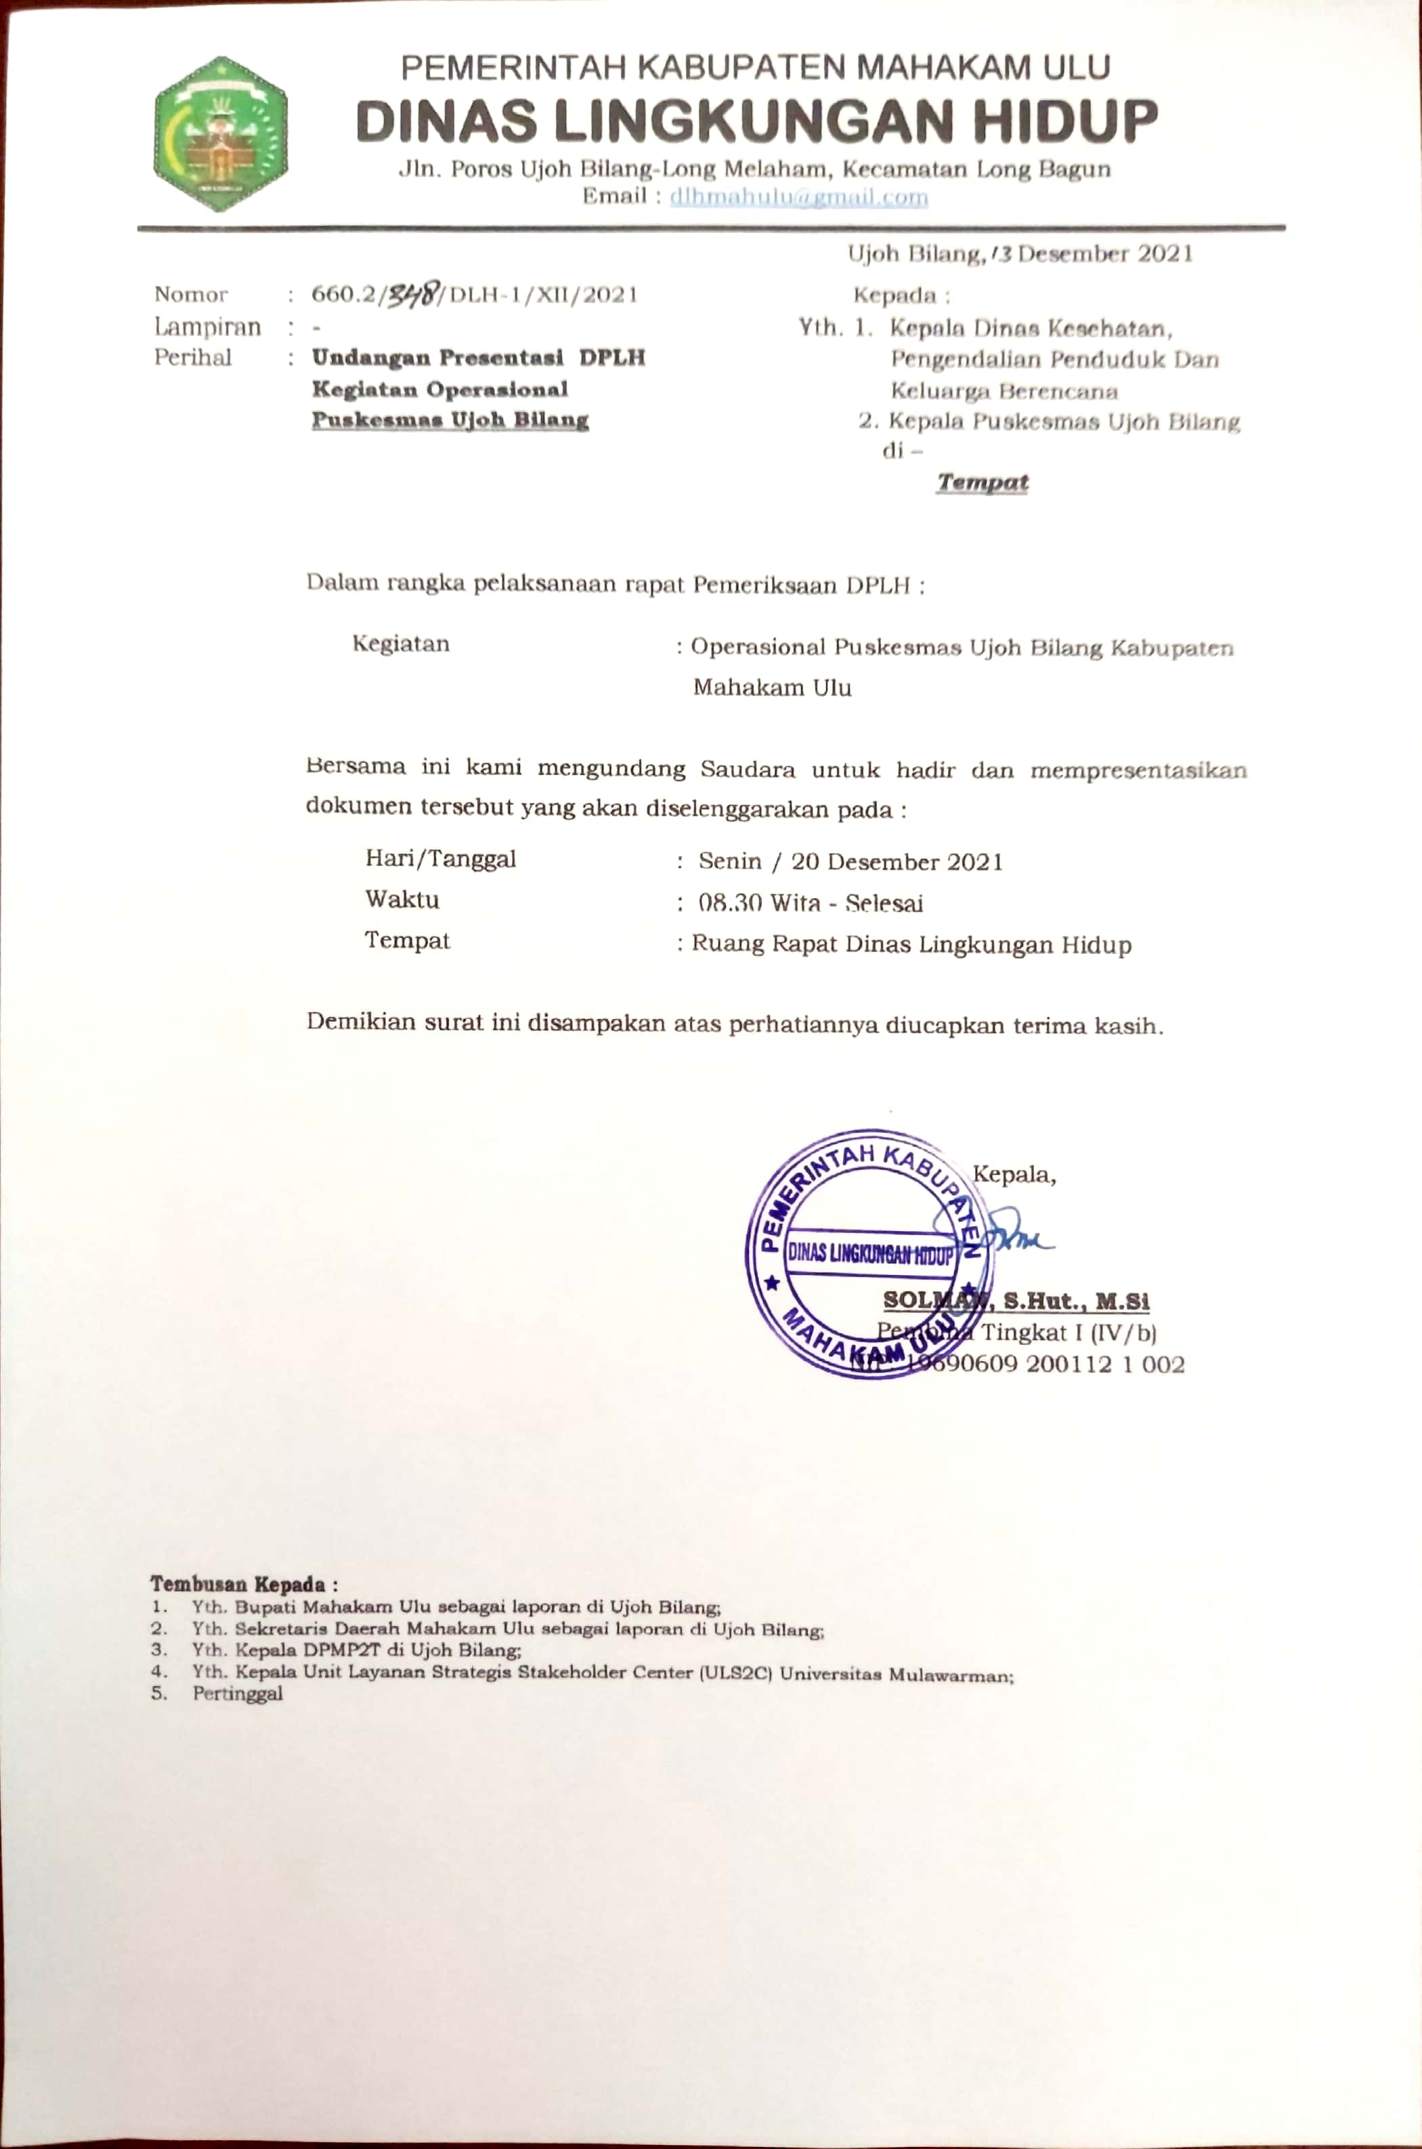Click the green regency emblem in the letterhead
click(x=220, y=134)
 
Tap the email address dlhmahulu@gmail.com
click(x=798, y=197)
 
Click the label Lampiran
click(x=208, y=326)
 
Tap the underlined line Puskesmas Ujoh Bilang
click(x=450, y=420)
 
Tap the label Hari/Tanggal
click(x=441, y=858)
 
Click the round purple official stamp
click(x=864, y=1255)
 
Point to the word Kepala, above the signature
click(x=1014, y=1175)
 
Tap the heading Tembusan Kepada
click(x=244, y=1584)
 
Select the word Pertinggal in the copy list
click(x=238, y=1694)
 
